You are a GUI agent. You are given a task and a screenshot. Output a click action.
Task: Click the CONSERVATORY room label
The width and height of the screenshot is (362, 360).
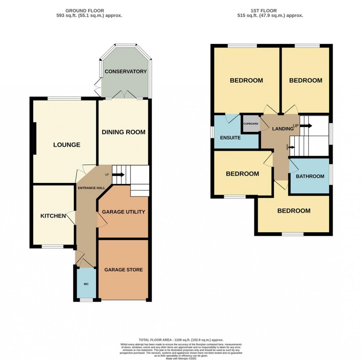tap(126, 71)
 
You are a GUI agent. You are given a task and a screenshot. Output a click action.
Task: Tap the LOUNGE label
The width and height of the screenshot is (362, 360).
tap(67, 145)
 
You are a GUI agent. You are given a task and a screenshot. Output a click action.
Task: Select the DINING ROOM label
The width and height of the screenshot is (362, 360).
tap(124, 132)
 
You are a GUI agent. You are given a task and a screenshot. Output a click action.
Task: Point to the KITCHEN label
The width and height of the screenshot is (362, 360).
tap(53, 216)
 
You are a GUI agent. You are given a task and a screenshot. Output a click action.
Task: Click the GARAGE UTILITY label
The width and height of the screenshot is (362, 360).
tap(124, 212)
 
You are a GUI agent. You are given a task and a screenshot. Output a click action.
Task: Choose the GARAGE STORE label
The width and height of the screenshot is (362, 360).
tap(124, 270)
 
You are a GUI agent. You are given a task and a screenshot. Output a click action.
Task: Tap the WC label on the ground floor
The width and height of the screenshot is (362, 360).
tap(86, 284)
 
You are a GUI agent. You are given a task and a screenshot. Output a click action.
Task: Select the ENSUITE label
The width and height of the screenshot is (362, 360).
tap(230, 138)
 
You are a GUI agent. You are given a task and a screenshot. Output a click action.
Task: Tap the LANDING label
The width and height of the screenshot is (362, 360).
tap(283, 129)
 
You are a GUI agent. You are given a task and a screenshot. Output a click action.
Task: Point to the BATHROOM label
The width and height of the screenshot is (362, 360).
tap(310, 176)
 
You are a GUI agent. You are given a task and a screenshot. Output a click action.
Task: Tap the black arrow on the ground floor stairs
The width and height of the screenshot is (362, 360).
tap(119, 175)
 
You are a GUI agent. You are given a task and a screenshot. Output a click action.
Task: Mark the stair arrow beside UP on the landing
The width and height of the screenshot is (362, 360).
tap(306, 126)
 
